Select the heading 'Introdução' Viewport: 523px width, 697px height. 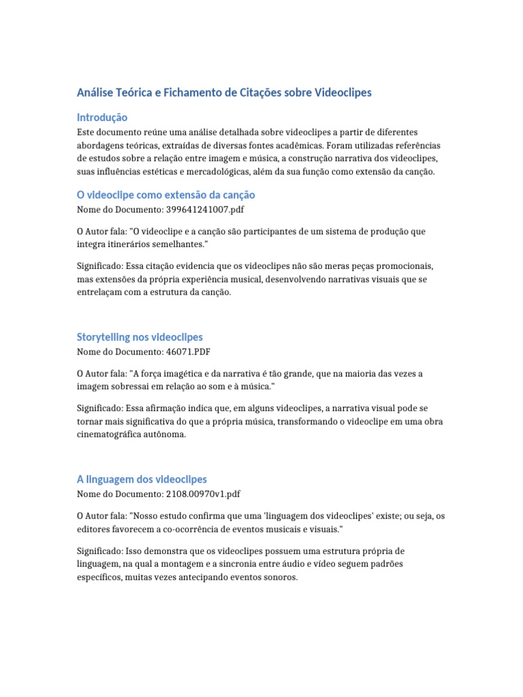click(x=101, y=117)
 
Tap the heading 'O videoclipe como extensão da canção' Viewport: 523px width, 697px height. click(x=166, y=195)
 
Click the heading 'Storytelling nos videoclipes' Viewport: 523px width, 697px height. click(x=139, y=337)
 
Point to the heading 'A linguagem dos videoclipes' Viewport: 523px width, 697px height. click(x=142, y=479)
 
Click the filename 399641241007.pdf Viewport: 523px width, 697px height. click(x=203, y=210)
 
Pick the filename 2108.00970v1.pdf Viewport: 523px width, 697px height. click(x=203, y=494)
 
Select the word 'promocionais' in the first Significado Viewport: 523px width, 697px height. click(x=383, y=265)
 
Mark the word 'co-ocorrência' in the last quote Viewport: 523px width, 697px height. click(x=190, y=528)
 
